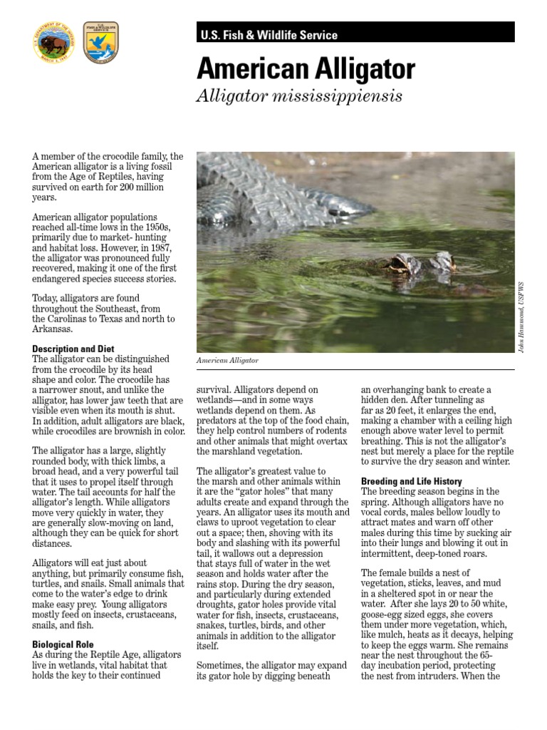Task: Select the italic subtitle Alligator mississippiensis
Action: click(x=289, y=96)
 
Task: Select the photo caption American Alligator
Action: click(x=227, y=361)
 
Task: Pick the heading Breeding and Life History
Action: click(x=412, y=481)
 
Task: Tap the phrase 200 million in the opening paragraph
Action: click(x=138, y=187)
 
